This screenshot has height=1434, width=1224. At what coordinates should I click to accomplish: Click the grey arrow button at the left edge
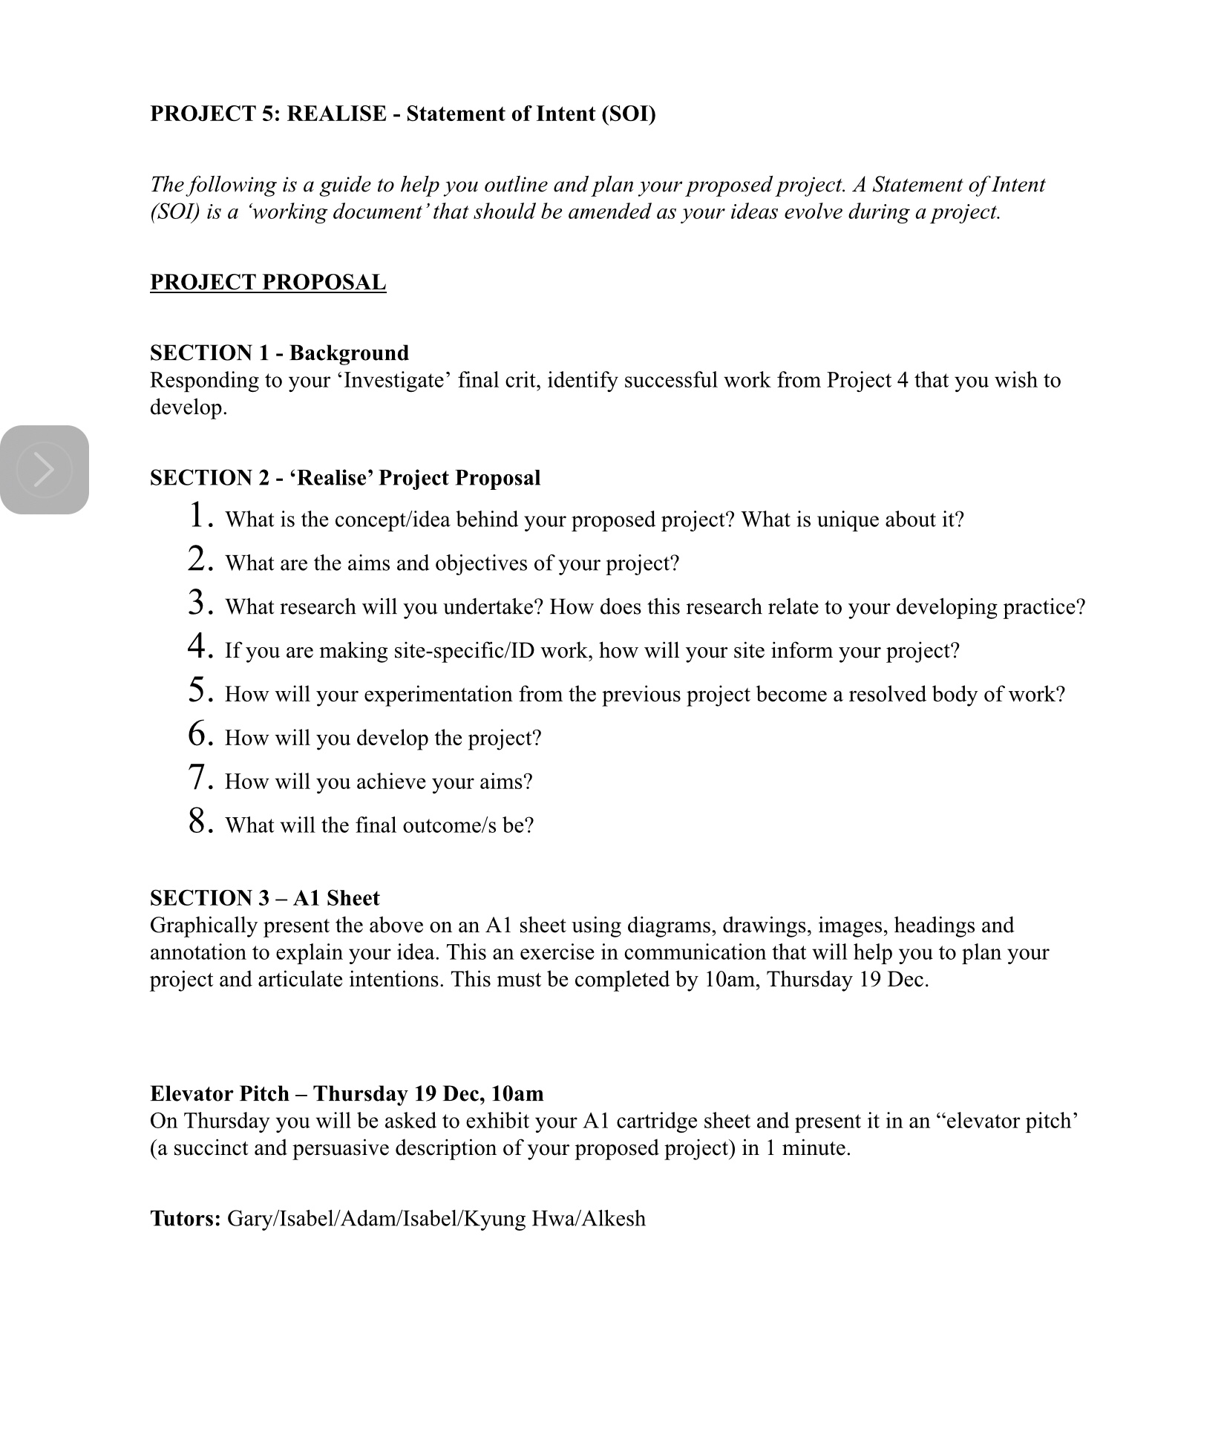click(x=45, y=470)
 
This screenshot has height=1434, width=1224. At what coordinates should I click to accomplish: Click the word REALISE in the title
click(x=336, y=114)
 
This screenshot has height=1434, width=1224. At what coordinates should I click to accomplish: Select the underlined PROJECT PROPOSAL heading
click(x=268, y=282)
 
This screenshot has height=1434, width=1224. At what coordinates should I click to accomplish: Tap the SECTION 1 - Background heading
click(x=279, y=353)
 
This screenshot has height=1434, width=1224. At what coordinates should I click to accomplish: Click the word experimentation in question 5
click(x=439, y=695)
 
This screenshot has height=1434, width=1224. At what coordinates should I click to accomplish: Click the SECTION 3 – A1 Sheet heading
click(x=265, y=898)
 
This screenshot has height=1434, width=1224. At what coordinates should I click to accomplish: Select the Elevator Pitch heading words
click(x=219, y=1093)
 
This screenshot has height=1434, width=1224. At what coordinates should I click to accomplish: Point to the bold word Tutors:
click(x=186, y=1219)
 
